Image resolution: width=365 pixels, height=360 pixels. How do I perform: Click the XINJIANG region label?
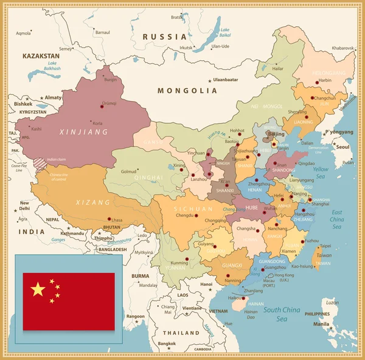click(x=83, y=132)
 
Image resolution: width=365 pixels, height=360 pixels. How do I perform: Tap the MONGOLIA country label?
click(x=187, y=91)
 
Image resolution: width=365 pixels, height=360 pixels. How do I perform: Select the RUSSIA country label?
click(x=164, y=37)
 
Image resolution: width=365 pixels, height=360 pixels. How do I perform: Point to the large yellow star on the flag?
click(x=38, y=289)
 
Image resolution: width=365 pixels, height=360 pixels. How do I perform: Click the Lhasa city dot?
click(x=110, y=219)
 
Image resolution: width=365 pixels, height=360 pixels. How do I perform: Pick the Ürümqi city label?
click(x=109, y=104)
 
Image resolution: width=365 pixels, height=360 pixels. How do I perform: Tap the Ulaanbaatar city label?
click(x=225, y=80)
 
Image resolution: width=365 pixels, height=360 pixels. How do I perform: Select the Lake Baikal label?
click(x=225, y=32)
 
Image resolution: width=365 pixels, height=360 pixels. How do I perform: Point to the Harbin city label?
click(x=325, y=80)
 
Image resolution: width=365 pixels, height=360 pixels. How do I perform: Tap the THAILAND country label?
click(x=181, y=333)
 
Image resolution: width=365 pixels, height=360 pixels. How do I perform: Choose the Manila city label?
click(x=322, y=324)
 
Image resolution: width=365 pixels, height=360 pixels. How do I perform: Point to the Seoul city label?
click(x=343, y=147)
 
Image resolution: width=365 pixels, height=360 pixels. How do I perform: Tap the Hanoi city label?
click(x=207, y=284)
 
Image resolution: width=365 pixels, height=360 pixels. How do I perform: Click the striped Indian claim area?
click(x=38, y=163)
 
